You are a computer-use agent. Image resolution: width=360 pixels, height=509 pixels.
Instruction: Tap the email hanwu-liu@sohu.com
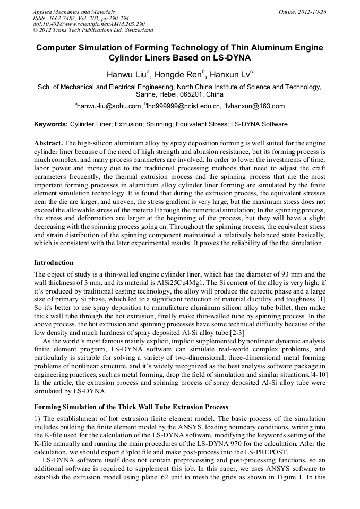109,106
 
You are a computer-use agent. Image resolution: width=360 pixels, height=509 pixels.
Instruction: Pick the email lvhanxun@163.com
256,106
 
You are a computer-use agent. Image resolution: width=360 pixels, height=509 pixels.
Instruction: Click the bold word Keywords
50,124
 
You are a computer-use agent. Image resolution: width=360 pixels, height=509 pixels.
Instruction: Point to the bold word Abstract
48,144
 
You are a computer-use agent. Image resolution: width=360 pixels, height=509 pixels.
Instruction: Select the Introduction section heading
54,263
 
